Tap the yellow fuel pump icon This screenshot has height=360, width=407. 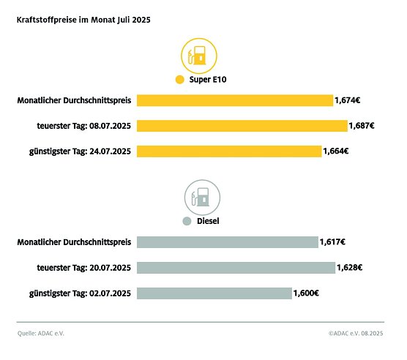200,56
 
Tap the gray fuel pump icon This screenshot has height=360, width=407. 202,197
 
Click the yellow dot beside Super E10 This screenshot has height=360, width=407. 178,80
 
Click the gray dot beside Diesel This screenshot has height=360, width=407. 187,220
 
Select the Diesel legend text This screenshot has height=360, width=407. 210,220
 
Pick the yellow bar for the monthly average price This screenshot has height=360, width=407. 234,100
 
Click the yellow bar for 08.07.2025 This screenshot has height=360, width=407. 242,126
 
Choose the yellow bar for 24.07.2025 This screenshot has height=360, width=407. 229,151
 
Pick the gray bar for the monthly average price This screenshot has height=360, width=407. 227,242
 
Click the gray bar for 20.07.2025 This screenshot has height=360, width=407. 235,268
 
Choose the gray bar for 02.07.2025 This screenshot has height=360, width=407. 214,293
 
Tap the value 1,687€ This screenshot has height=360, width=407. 362,126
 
